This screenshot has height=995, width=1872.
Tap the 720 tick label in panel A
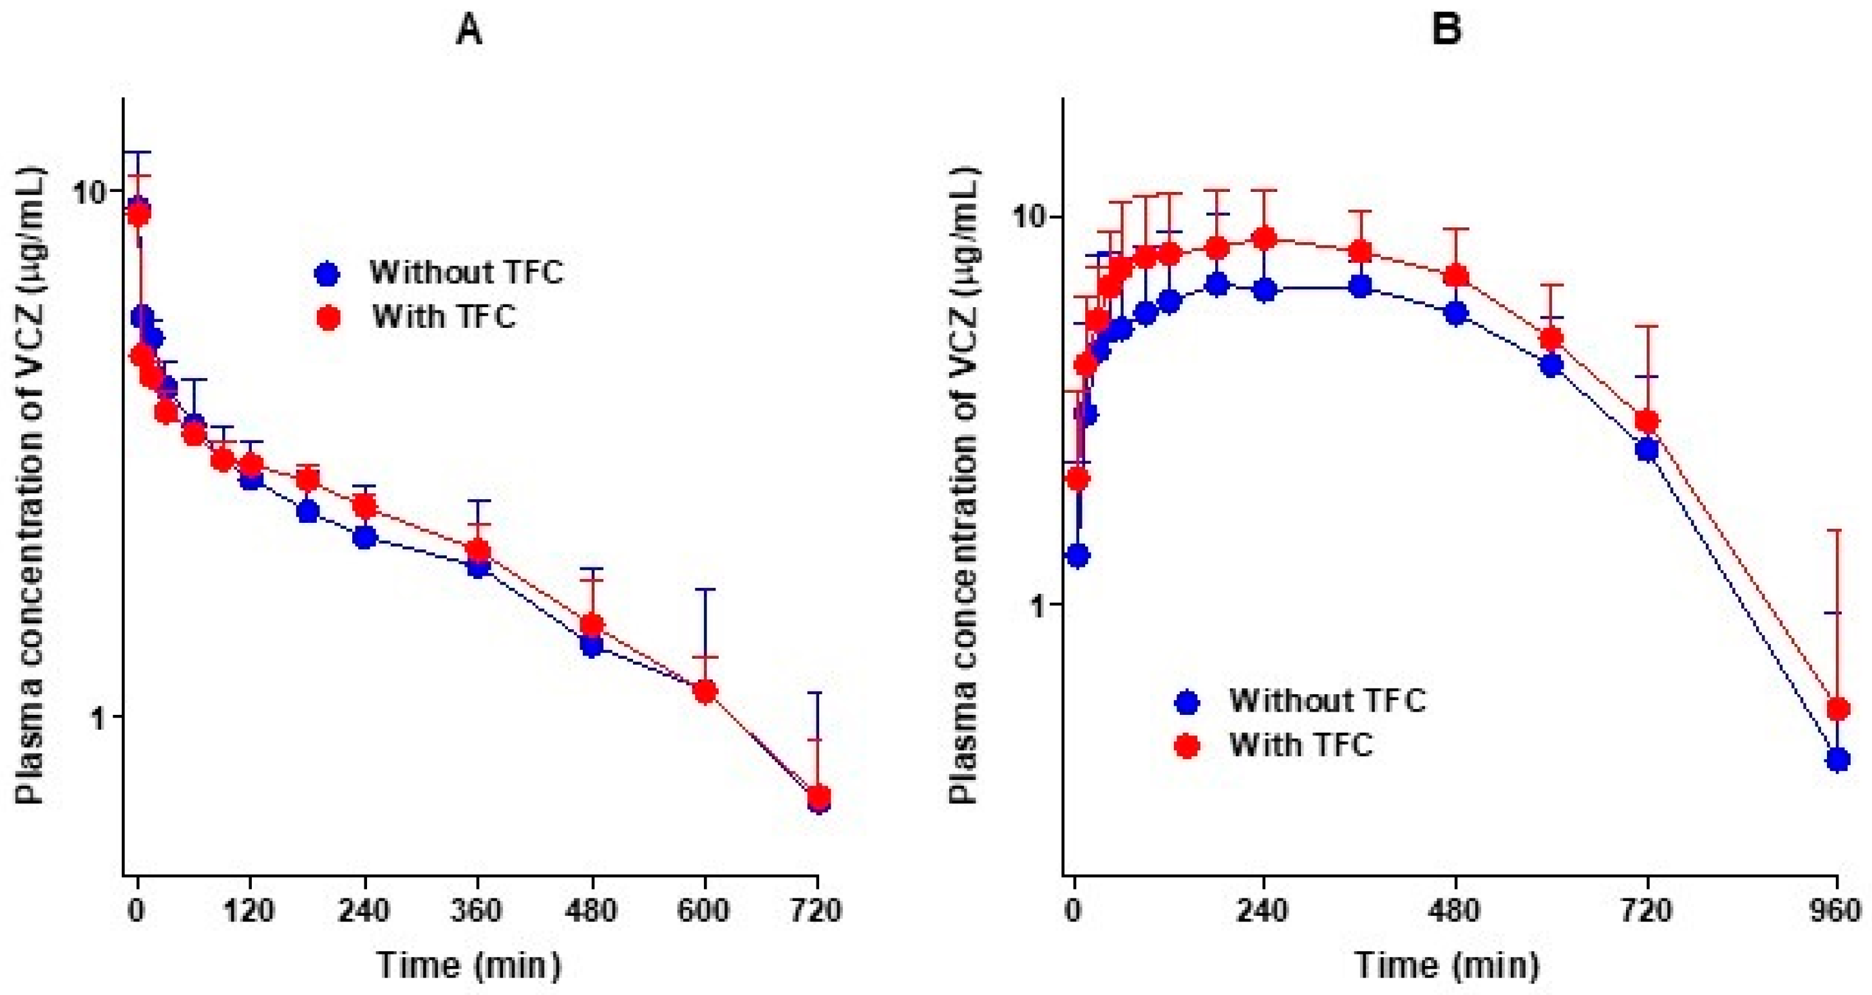click(818, 911)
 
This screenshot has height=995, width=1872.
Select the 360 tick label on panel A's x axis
click(477, 911)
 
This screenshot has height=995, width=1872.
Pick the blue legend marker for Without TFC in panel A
click(328, 274)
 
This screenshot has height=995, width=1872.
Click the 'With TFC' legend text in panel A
click(444, 317)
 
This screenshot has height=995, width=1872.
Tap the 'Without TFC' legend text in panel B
click(1327, 701)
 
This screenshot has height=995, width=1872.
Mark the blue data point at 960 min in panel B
click(1837, 760)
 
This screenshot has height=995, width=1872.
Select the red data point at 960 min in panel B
click(1837, 708)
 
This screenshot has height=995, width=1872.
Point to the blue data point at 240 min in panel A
click(365, 537)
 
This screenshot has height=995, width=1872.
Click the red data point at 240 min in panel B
click(1265, 238)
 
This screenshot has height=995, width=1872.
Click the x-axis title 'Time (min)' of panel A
click(469, 966)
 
